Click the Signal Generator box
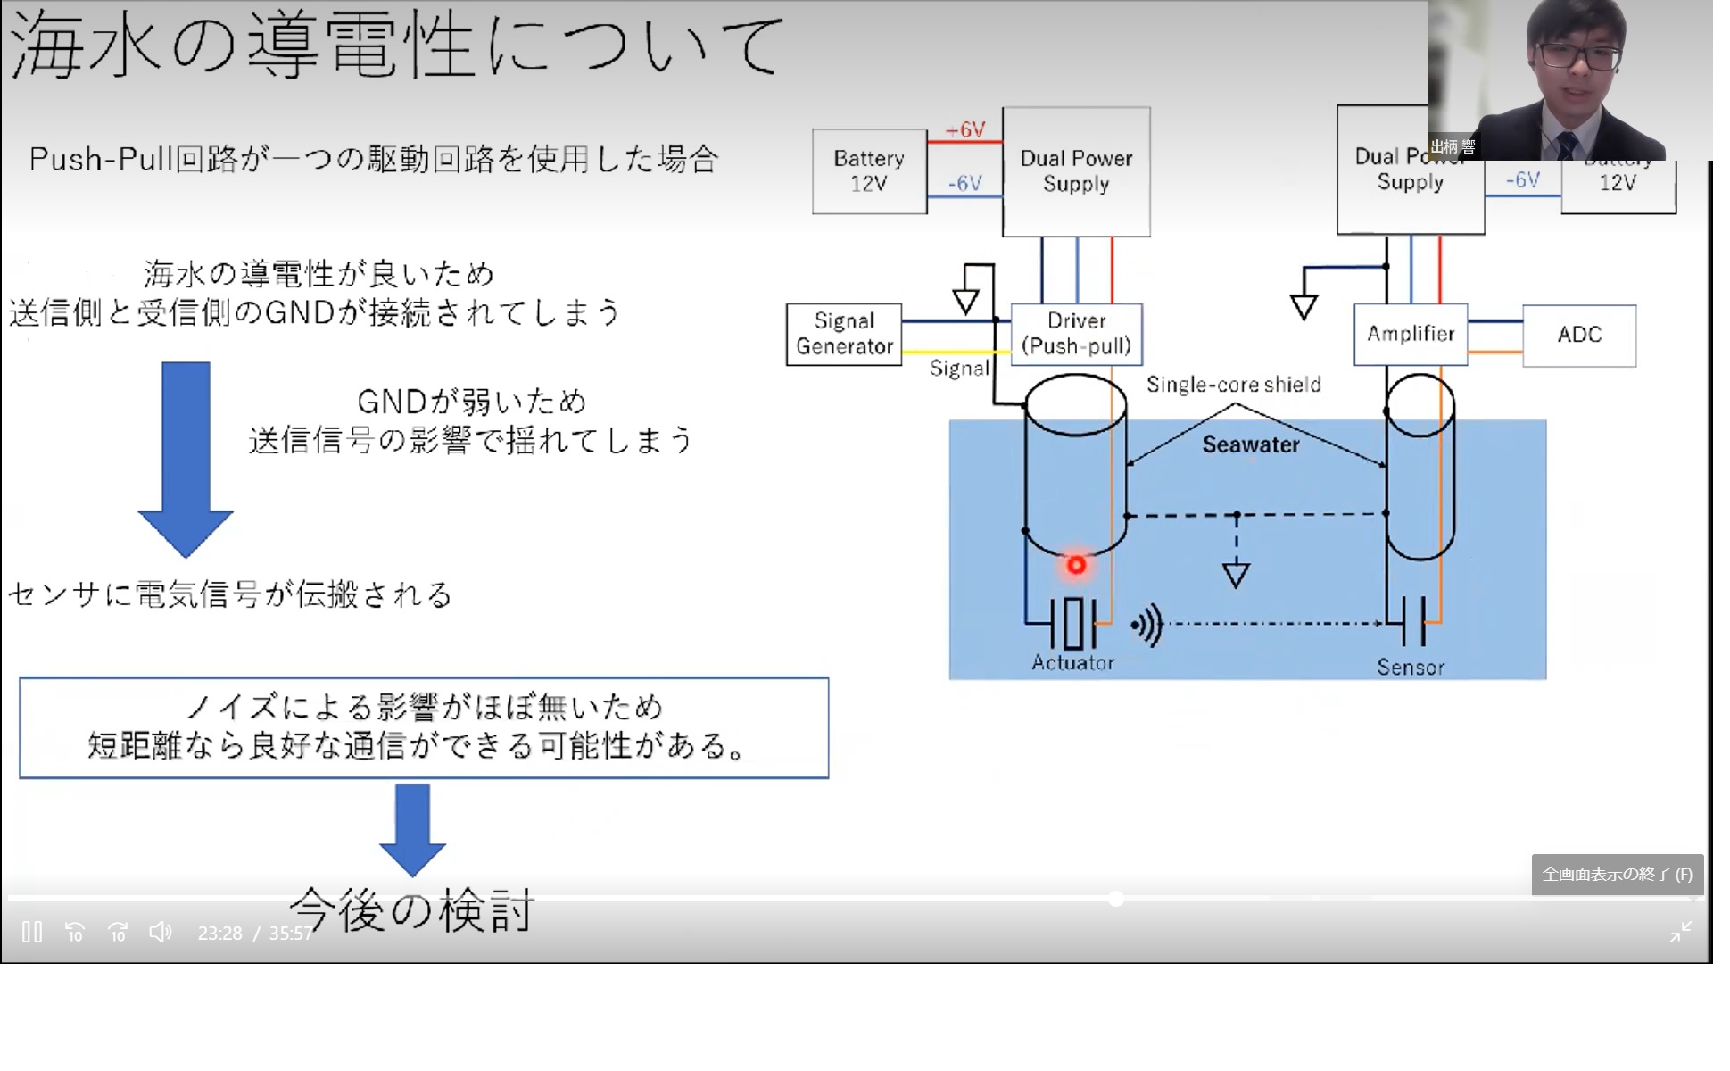coord(844,334)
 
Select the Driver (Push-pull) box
coord(1076,334)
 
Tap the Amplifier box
coord(1411,334)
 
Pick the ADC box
coord(1579,335)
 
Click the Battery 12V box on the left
coord(869,170)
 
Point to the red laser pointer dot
coord(1077,565)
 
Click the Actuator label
coord(1073,662)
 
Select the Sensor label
coord(1411,667)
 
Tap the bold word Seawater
coord(1251,444)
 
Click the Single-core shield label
coord(1233,385)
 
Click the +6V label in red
coord(965,130)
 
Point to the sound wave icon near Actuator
coord(1147,625)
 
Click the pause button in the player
coord(32,933)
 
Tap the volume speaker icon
coord(161,933)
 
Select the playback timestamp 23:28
coord(219,934)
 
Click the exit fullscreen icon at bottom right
coord(1681,933)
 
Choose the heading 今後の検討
coord(412,910)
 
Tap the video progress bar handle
coord(1115,899)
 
